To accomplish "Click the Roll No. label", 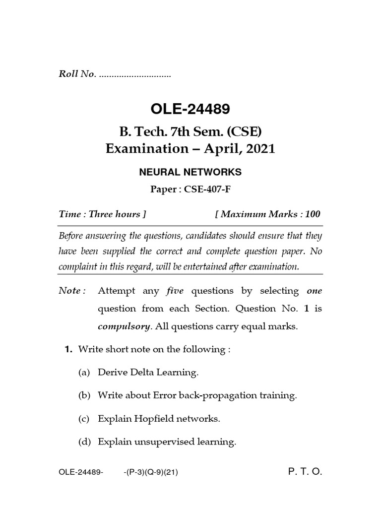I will [77, 75].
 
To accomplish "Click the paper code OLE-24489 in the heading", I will [190, 108].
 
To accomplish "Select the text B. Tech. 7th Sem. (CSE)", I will [190, 131].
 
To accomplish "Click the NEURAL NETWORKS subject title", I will [190, 172].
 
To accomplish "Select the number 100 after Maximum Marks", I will [313, 214].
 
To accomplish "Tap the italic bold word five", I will [175, 291].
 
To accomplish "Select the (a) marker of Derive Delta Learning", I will [84, 372].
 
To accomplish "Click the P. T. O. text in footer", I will [305, 472].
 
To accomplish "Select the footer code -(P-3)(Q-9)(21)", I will [151, 473].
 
